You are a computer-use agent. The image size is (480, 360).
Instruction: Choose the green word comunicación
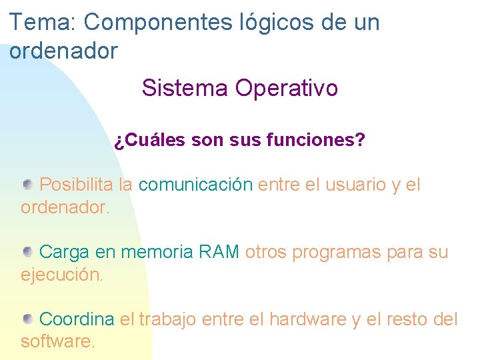[195, 185]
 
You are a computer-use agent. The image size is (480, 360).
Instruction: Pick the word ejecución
[62, 275]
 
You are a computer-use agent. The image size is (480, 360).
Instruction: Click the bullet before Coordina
[28, 318]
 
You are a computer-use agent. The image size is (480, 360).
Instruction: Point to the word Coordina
[77, 319]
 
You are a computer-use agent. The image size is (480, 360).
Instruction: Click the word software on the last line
[58, 342]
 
